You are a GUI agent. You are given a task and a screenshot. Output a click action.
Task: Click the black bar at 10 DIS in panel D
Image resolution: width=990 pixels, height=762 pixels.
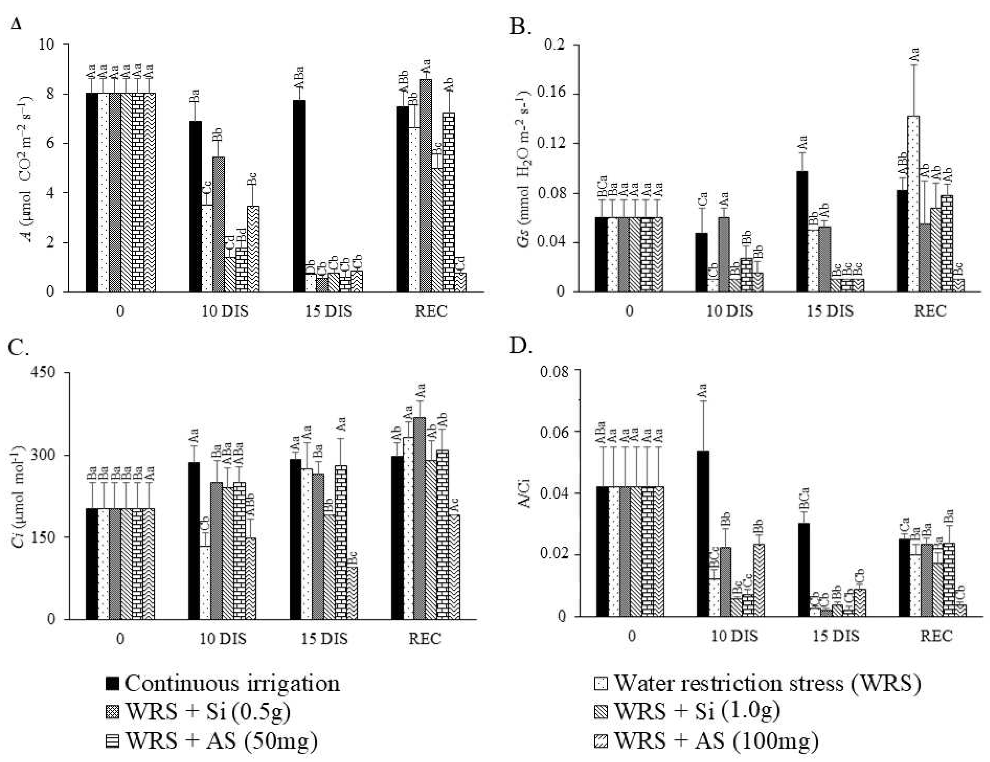pos(702,534)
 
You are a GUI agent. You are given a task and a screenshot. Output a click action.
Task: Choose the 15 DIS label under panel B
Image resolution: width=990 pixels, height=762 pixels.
pos(831,312)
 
